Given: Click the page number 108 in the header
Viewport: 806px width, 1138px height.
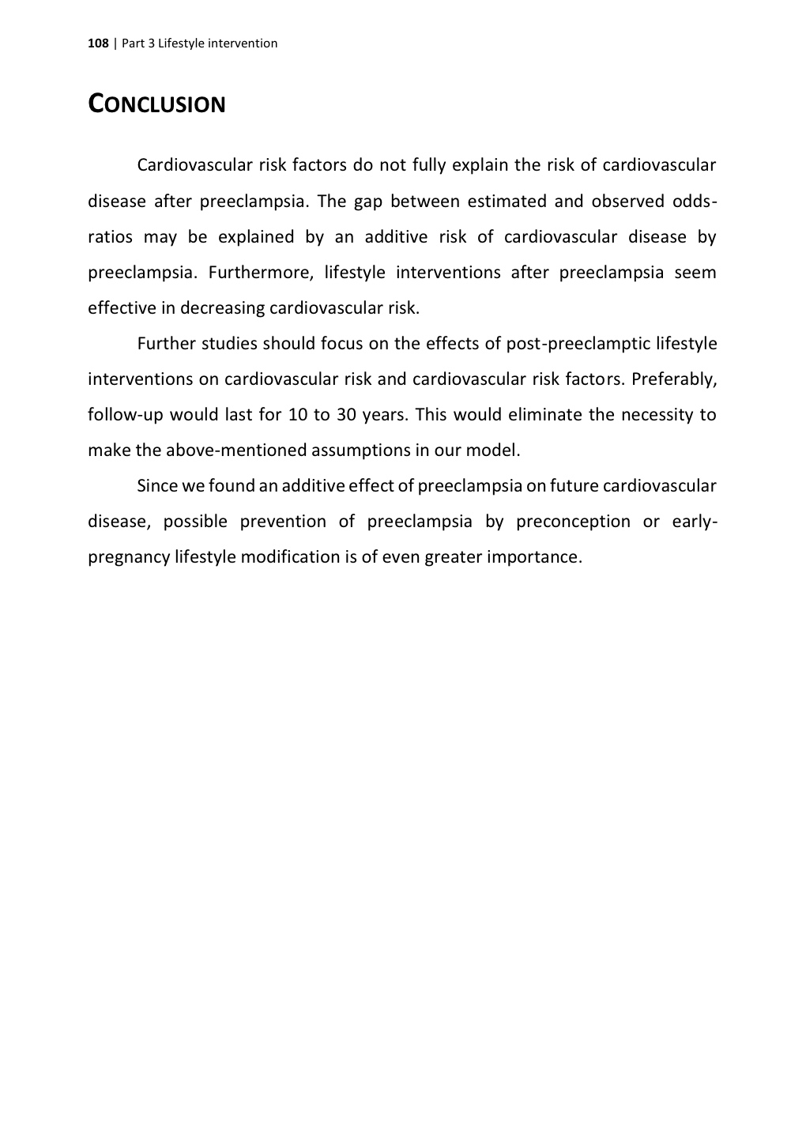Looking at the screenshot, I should pos(97,43).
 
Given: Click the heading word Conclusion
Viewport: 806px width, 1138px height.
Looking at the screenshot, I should pos(156,104).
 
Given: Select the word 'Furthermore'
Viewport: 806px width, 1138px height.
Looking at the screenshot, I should pos(258,273).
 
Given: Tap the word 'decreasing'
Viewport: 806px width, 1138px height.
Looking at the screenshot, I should pos(222,308).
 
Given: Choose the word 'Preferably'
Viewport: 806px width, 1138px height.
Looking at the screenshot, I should pos(673,379).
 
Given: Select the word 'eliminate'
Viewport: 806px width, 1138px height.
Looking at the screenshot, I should pos(544,415).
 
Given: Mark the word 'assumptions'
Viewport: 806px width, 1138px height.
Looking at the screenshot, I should pos(360,450).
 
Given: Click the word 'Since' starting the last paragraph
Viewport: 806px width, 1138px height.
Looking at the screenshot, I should pos(157,486).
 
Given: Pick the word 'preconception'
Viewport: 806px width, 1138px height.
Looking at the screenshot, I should pos(573,522).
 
